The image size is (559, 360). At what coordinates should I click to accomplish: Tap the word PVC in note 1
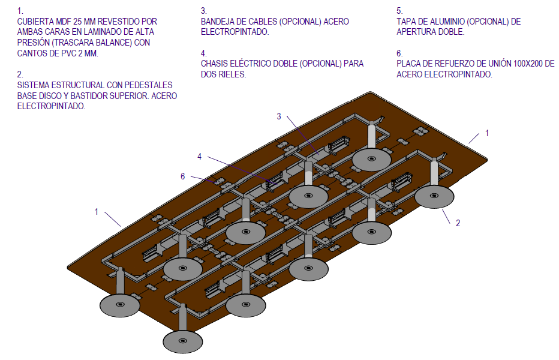click(70, 53)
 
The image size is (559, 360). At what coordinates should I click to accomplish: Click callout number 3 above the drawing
click(279, 116)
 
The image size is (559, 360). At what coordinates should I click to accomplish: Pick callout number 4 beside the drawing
click(200, 157)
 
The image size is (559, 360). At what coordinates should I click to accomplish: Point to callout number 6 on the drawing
click(183, 176)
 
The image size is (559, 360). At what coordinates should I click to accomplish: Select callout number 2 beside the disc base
click(458, 223)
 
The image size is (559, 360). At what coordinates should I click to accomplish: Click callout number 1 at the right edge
click(487, 133)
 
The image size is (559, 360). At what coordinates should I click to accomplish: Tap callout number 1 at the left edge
click(97, 211)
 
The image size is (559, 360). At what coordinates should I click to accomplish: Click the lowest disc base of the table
click(182, 341)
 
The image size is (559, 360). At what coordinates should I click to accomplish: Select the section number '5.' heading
click(399, 11)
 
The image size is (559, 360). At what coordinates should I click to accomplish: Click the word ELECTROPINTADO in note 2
click(51, 106)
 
